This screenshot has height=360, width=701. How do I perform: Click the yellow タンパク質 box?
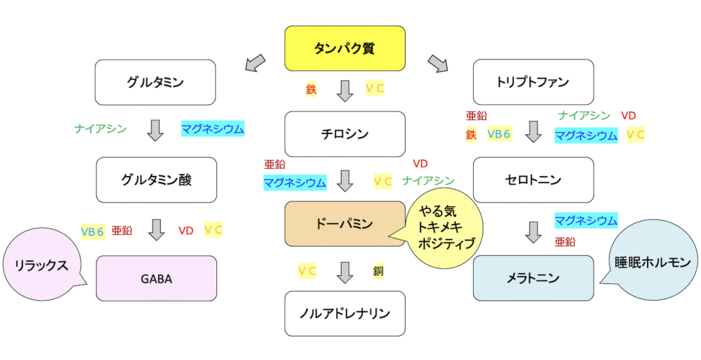(344, 48)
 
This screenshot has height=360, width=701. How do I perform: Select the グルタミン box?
(155, 82)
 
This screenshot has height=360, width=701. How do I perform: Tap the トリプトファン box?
(532, 82)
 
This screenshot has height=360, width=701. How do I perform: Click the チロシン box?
(344, 133)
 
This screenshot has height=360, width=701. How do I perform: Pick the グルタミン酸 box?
(155, 180)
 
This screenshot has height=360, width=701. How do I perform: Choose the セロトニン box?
(532, 180)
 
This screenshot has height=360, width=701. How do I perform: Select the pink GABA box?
(157, 279)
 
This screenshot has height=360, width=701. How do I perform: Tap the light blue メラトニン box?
(533, 278)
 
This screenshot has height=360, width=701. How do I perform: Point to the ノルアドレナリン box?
(344, 313)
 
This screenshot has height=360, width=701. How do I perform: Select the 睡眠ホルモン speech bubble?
(652, 261)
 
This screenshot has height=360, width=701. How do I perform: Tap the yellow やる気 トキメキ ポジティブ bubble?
(446, 229)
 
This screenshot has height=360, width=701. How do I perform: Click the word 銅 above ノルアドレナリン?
(379, 270)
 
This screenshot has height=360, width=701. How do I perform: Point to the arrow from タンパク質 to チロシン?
(345, 90)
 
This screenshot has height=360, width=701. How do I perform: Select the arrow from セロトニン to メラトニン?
(533, 232)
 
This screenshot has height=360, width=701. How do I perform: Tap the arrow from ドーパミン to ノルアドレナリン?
(345, 272)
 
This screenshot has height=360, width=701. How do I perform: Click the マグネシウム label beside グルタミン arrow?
(212, 128)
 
